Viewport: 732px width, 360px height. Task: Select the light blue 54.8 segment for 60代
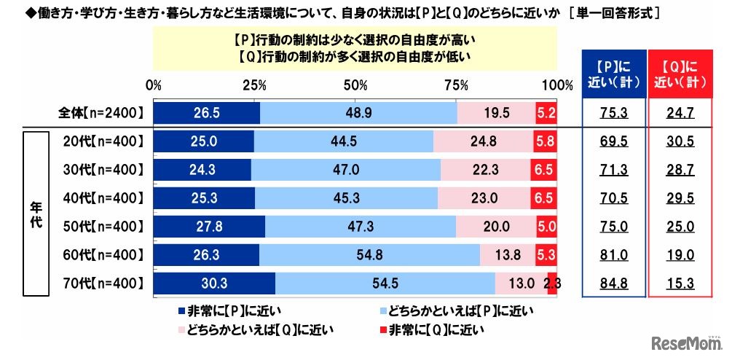pos(370,254)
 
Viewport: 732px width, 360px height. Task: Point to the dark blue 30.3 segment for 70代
pos(215,283)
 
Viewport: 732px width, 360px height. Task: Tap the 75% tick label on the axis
pos(456,85)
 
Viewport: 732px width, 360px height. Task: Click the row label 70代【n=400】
pos(101,283)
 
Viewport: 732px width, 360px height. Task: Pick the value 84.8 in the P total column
pos(613,283)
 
